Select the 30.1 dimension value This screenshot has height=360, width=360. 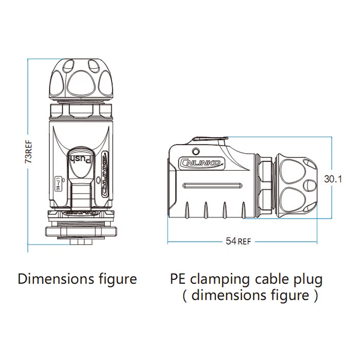[333, 178]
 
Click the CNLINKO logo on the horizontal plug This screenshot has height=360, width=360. [202, 163]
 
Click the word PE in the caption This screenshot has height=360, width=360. [178, 279]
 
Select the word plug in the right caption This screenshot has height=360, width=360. [307, 280]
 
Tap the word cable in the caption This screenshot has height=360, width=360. [271, 279]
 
